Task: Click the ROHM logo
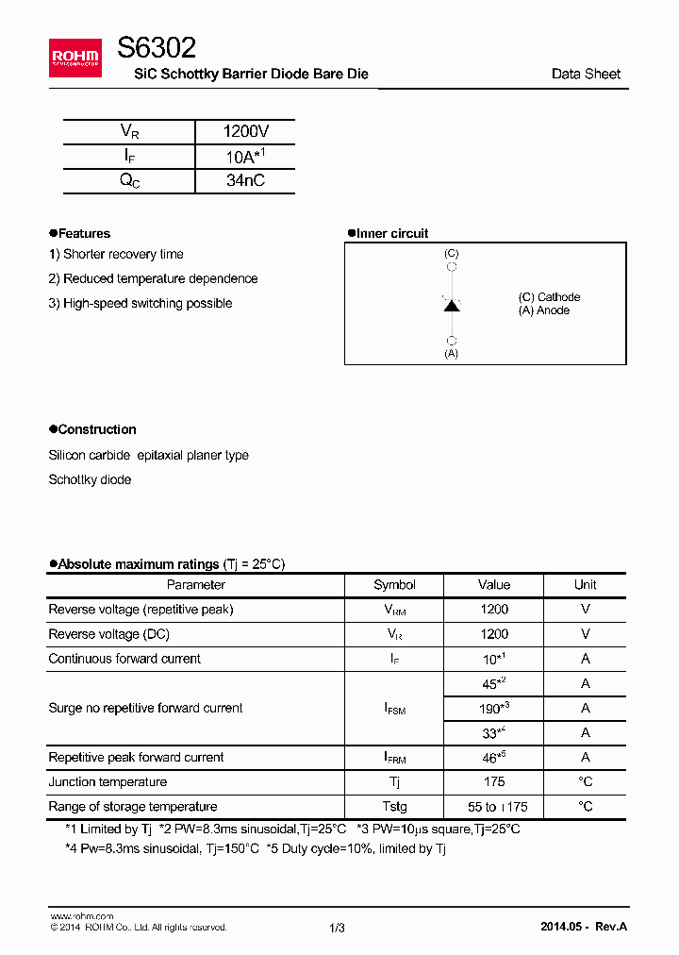pos(75,59)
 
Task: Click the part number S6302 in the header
pos(157,48)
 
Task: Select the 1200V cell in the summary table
pos(244,132)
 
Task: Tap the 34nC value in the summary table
pos(245,180)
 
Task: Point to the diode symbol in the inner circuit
pos(452,305)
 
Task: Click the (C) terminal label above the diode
pos(452,254)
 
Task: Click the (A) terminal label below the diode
pos(452,353)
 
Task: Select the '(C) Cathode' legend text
pos(549,297)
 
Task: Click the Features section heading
pos(83,233)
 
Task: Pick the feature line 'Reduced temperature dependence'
pos(153,278)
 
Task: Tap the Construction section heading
pos(96,429)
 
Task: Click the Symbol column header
pos(394,585)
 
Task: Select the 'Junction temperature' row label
pos(108,781)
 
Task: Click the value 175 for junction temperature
pos(493,781)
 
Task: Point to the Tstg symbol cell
pos(394,806)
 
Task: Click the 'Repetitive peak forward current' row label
pos(136,757)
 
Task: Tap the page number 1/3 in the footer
pos(338,928)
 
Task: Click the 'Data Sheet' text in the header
pos(586,74)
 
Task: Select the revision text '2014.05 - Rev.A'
pos(584,927)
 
